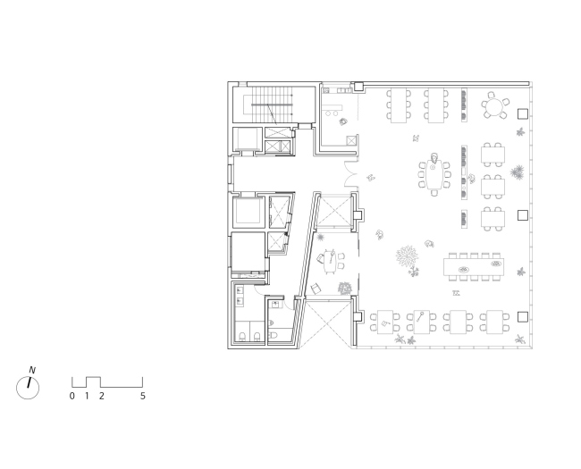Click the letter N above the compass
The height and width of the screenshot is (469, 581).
32,370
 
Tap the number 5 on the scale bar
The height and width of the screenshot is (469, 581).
143,396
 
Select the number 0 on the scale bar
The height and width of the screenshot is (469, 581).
72,396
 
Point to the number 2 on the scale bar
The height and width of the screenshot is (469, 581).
102,396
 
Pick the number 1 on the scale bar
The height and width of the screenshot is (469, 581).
87,396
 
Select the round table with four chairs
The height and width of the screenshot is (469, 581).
495,105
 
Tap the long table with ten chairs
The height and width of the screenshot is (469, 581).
474,267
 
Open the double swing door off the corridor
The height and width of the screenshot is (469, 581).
351,173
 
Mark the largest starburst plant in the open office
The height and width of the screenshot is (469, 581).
407,256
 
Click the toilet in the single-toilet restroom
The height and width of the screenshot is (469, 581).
274,335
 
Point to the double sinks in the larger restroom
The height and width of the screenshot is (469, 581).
240,296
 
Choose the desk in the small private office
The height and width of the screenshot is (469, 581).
329,261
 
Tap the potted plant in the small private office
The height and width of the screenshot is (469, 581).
345,289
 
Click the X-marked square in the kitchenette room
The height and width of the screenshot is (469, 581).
351,140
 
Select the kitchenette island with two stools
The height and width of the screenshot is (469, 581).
332,109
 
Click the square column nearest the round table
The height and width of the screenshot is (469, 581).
523,113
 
